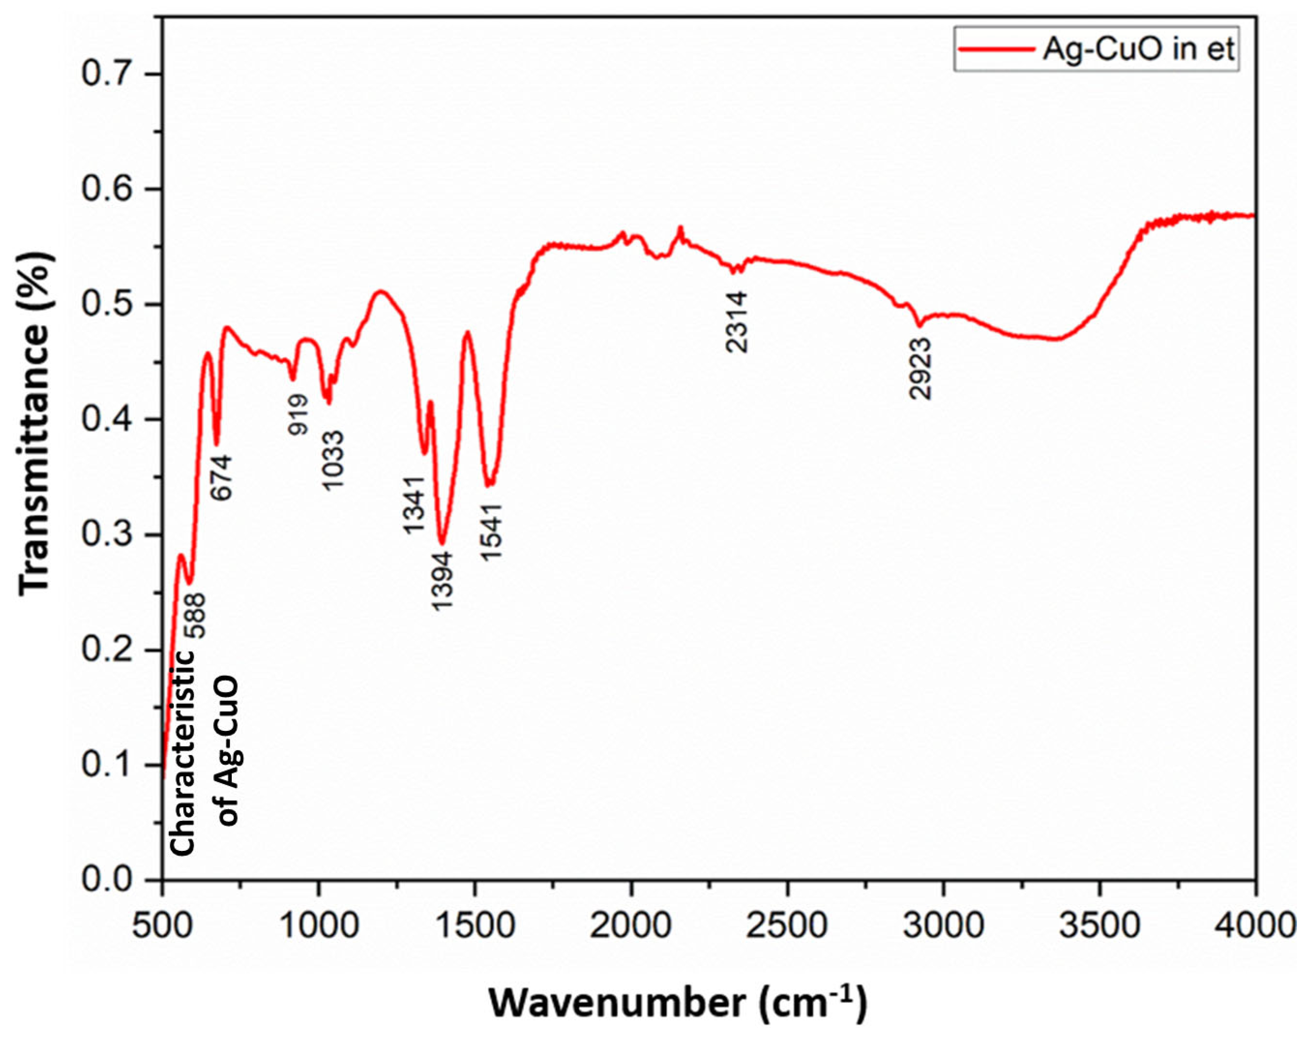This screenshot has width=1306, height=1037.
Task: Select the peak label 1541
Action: click(491, 531)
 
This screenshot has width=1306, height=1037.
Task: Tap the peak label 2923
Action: click(920, 369)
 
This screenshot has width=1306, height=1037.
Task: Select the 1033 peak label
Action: click(333, 460)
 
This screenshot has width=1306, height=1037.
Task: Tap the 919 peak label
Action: click(297, 414)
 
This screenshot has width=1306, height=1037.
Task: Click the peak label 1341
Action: click(414, 505)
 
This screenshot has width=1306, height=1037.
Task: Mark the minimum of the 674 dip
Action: click(217, 444)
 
